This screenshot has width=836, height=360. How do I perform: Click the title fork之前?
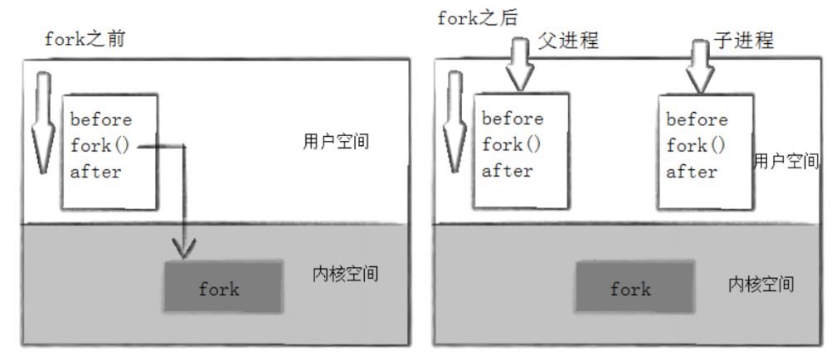[x=85, y=39]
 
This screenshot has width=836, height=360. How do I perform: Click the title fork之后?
[x=477, y=18]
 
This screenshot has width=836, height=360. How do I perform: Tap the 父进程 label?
[x=568, y=40]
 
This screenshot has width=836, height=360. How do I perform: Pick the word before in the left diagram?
[x=100, y=119]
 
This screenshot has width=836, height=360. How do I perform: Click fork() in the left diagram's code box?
[x=100, y=145]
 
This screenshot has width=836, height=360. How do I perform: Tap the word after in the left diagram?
[x=95, y=172]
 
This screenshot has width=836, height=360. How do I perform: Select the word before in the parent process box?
[x=513, y=118]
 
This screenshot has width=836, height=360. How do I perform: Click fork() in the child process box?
[x=697, y=145]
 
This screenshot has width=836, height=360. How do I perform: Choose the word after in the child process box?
[x=692, y=172]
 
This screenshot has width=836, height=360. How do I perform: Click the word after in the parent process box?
[x=508, y=171]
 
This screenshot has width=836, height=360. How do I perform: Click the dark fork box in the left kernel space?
[x=219, y=289]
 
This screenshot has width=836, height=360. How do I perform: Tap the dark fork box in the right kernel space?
[x=630, y=289]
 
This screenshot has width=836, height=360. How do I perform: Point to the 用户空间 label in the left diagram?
[x=335, y=142]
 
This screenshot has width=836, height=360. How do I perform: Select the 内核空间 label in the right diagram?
[x=761, y=285]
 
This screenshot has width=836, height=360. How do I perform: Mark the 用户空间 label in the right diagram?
[x=785, y=161]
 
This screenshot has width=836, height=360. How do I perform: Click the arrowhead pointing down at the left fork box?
[x=183, y=246]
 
